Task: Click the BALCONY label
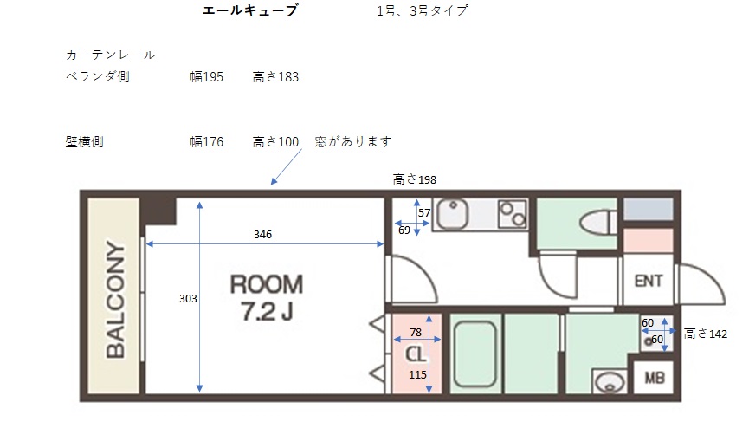[x=115, y=299]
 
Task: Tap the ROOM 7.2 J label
[x=267, y=298]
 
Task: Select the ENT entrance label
[x=649, y=281]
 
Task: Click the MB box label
[x=655, y=378]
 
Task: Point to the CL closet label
[x=415, y=354]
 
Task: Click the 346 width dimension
[x=262, y=234]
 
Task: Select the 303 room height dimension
[x=188, y=299]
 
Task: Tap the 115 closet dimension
[x=417, y=374]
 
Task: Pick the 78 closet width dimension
[x=416, y=332]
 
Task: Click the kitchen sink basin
[x=452, y=214]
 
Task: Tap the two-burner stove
[x=513, y=214]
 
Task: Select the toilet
[x=598, y=223]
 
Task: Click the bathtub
[x=475, y=354]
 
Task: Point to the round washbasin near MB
[x=610, y=382]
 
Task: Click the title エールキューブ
[x=250, y=10]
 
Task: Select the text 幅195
[x=206, y=76]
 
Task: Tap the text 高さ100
[x=275, y=141]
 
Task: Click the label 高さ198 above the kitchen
[x=414, y=179]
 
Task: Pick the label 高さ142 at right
[x=706, y=334]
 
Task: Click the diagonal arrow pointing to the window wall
[x=287, y=166]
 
